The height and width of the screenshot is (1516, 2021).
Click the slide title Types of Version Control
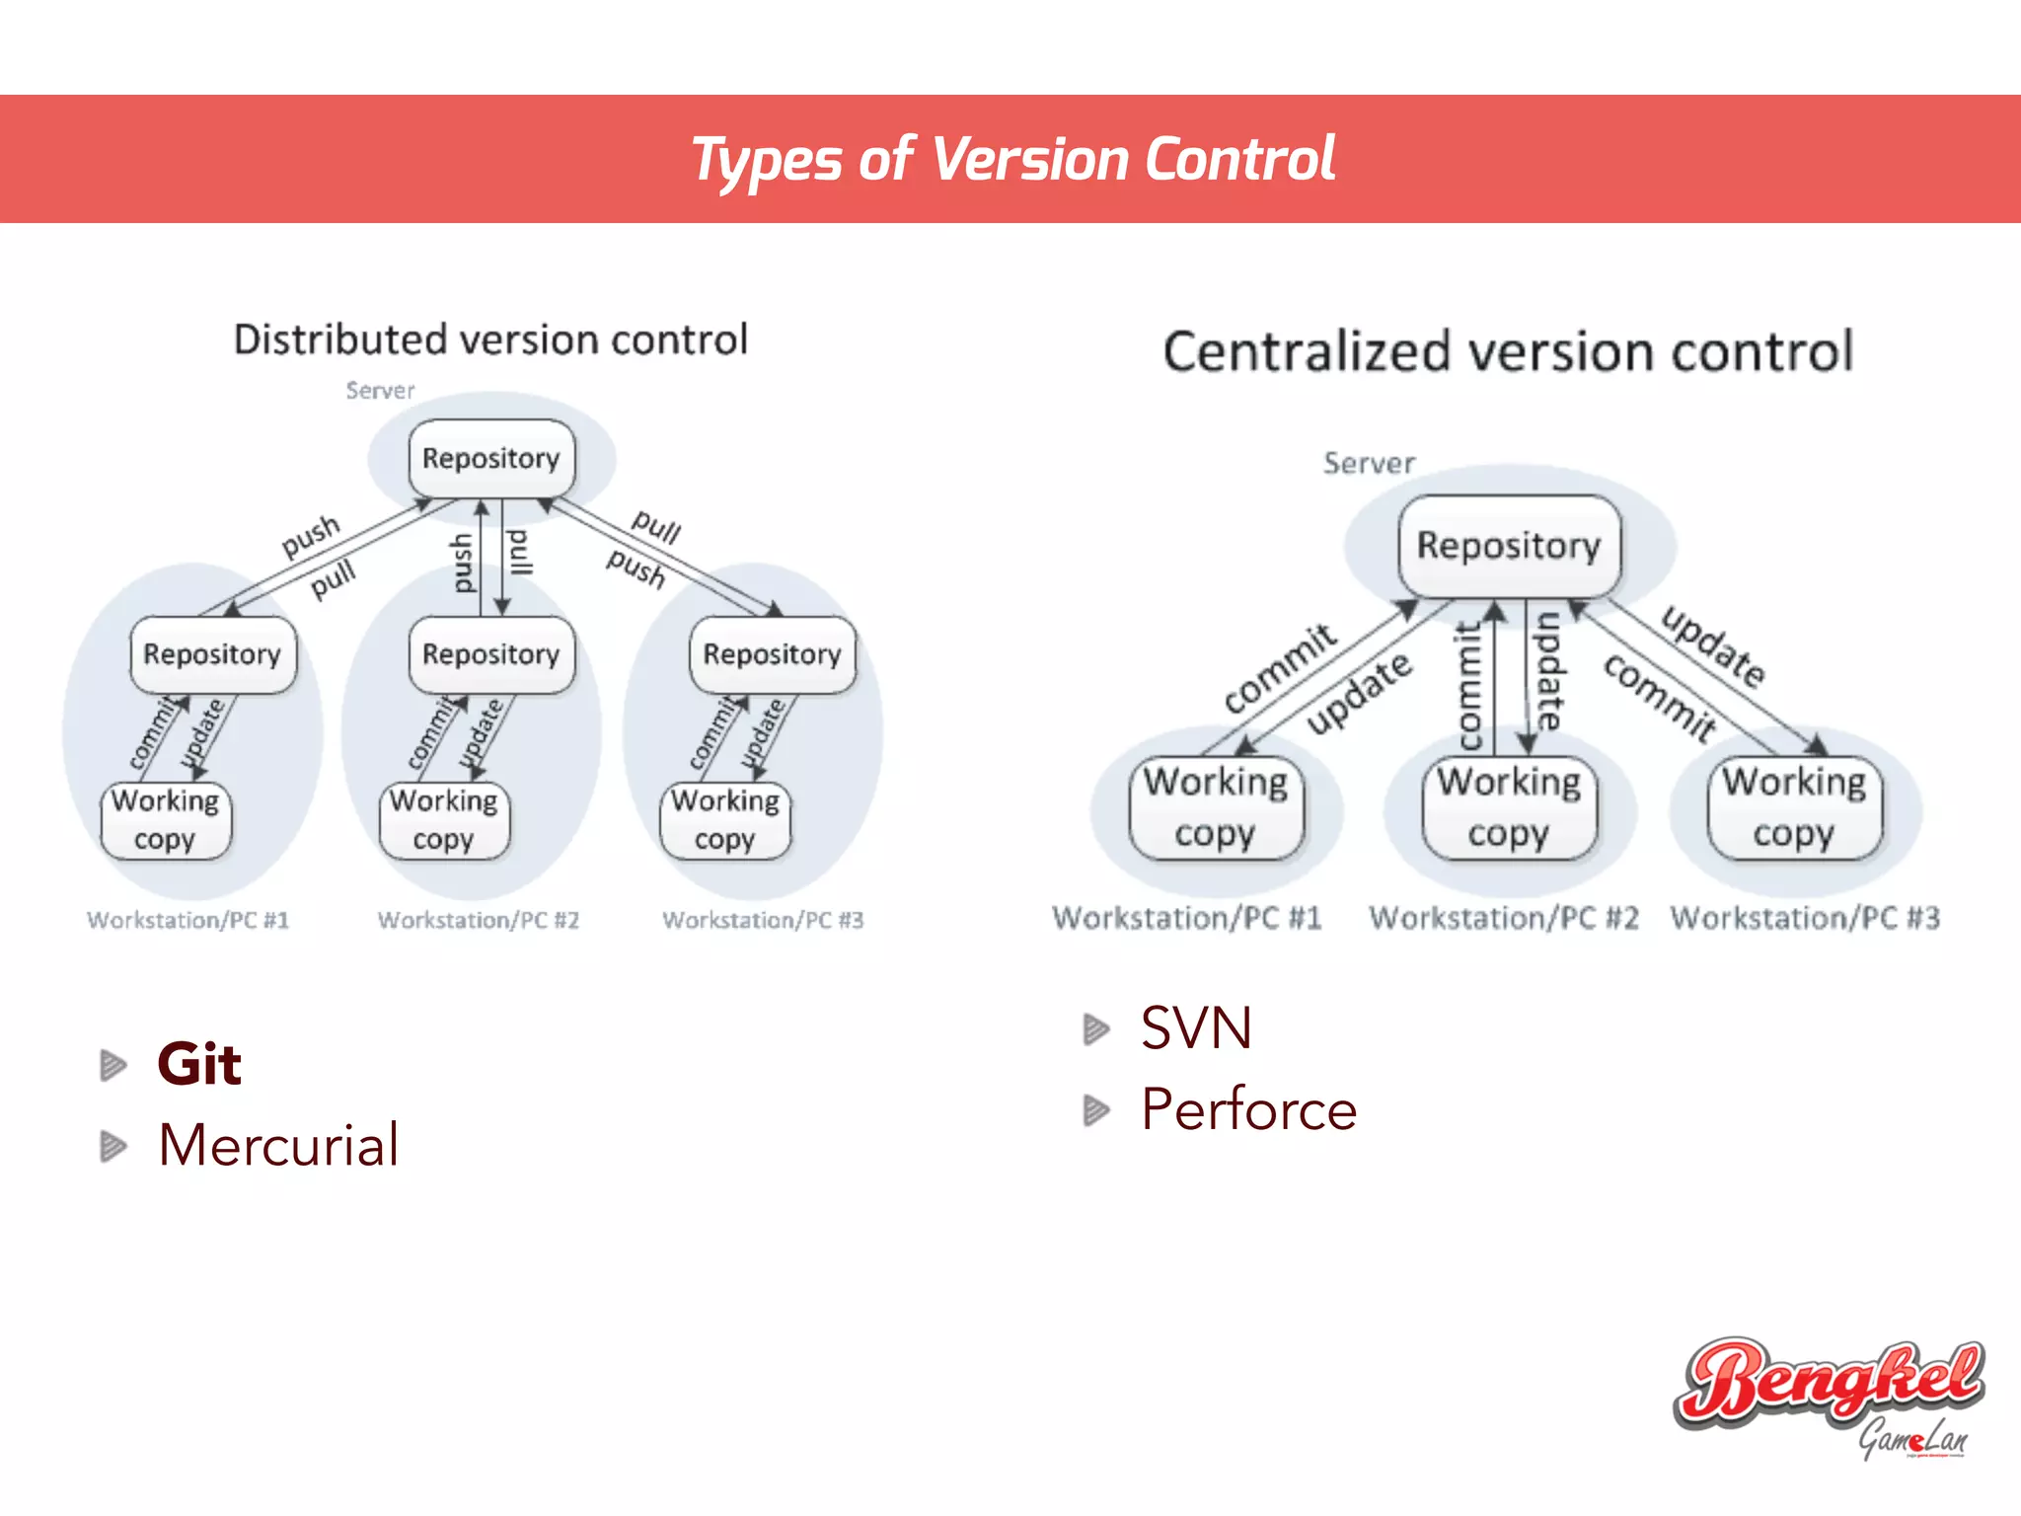click(1012, 160)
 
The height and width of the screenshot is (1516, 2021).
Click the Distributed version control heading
click(490, 340)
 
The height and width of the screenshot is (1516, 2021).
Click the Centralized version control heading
click(1508, 352)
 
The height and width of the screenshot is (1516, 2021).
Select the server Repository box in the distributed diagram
click(491, 459)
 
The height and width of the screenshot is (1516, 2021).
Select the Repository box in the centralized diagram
click(1509, 546)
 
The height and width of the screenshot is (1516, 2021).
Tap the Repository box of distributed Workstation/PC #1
click(212, 654)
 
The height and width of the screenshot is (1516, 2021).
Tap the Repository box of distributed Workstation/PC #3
click(772, 654)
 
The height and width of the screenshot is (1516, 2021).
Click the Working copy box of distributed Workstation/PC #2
click(444, 820)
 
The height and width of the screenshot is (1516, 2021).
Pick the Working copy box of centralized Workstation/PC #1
click(1216, 807)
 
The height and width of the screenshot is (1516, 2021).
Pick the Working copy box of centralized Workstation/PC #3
click(1794, 807)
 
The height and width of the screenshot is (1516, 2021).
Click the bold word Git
click(199, 1064)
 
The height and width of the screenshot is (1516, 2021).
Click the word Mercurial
click(278, 1145)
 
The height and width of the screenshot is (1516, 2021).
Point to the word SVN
click(1196, 1028)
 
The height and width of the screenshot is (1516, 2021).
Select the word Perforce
click(1249, 1109)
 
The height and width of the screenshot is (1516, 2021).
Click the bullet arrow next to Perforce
click(1095, 1110)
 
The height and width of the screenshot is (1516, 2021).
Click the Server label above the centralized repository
click(1369, 463)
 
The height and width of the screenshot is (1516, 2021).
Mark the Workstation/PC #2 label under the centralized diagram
click(1503, 918)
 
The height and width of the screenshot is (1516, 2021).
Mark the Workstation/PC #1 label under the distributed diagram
click(187, 920)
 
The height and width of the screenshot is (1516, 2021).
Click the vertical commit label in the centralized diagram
click(1470, 685)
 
